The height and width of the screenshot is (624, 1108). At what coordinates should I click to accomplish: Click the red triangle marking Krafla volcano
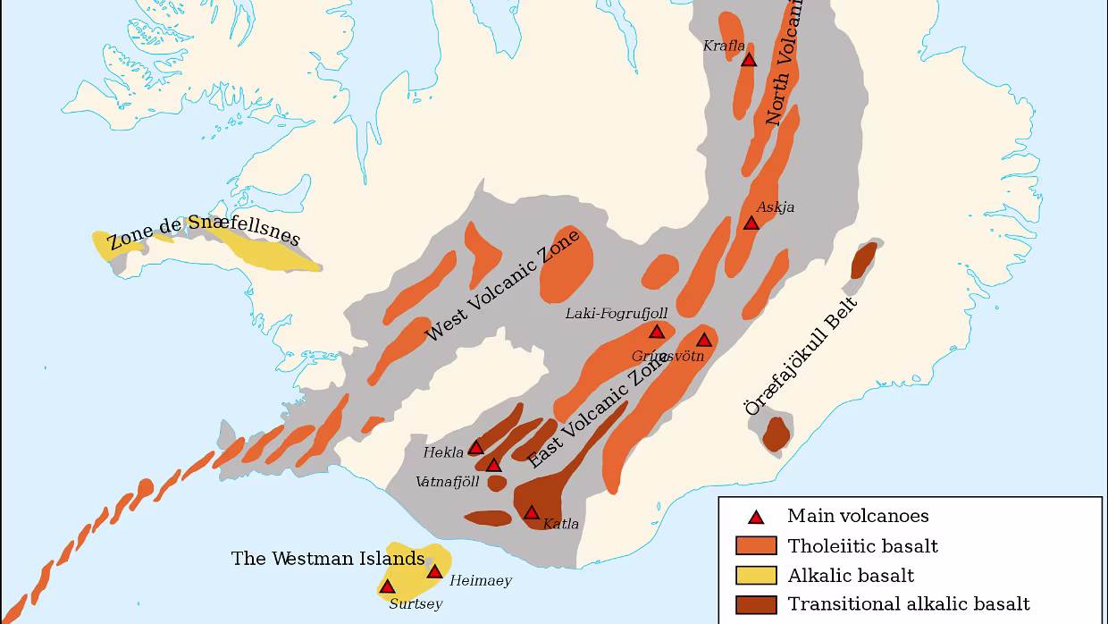749,60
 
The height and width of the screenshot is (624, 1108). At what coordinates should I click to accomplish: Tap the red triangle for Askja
751,223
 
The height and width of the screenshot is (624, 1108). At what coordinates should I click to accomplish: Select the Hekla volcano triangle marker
476,447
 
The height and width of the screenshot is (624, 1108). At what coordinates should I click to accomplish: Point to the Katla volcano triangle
532,513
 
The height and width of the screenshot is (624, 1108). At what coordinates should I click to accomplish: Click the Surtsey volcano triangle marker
388,587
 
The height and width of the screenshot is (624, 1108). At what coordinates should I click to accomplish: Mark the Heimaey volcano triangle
434,572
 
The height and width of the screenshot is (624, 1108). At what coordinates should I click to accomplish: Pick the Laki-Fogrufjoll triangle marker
657,332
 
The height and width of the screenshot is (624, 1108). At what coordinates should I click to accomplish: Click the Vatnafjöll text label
448,482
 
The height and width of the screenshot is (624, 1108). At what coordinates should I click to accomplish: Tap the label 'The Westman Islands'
327,559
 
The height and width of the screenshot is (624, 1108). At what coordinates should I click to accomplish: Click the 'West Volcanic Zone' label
501,285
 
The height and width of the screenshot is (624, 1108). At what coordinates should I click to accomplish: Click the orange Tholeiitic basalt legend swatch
756,546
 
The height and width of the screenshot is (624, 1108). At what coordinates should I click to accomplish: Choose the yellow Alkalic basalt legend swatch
756,576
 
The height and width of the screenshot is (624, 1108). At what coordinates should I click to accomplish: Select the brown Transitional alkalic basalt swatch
756,605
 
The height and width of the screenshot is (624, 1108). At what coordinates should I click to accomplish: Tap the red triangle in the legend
756,517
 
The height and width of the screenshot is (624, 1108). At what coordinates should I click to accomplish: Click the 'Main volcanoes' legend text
857,516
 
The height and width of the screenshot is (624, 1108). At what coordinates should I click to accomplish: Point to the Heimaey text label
481,581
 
